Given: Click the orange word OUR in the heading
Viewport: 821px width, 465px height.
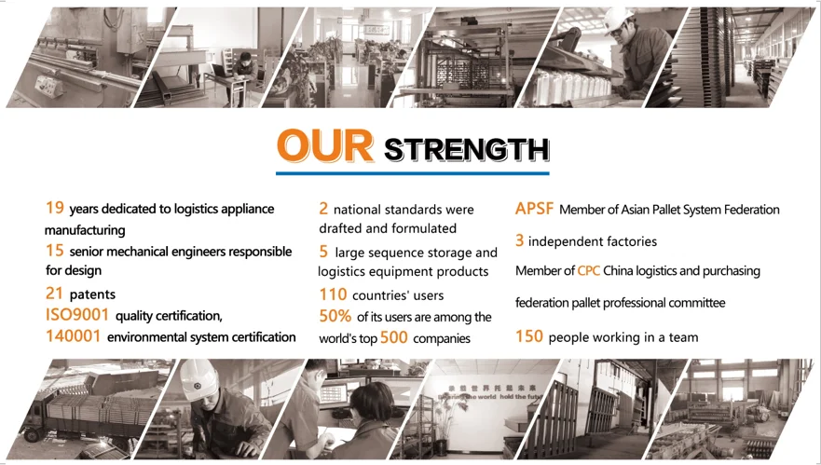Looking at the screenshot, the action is point(325,145).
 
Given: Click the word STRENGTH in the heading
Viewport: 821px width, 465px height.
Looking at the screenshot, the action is point(467,150).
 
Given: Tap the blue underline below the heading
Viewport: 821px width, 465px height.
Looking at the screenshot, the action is point(413,172).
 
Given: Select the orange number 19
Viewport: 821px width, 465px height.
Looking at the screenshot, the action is point(54,208).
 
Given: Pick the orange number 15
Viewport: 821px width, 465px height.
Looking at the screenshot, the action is point(54,251).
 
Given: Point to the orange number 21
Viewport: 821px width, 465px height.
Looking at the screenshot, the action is point(54,294).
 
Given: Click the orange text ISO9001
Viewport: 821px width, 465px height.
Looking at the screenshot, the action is point(77,315).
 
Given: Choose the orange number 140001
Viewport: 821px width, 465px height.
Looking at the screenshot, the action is point(73,335).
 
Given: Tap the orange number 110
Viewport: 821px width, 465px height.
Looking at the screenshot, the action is point(333,294).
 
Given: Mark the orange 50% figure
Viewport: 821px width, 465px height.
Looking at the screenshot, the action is point(335,316).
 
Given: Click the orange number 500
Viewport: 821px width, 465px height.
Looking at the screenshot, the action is point(394,337).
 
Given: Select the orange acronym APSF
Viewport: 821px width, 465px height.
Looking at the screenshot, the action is point(534,209).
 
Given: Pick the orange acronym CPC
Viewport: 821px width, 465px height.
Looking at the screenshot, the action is point(589,271).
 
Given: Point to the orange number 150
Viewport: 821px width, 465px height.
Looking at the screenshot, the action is point(528,336).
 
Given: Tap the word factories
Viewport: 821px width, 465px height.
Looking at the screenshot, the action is point(630,241).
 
